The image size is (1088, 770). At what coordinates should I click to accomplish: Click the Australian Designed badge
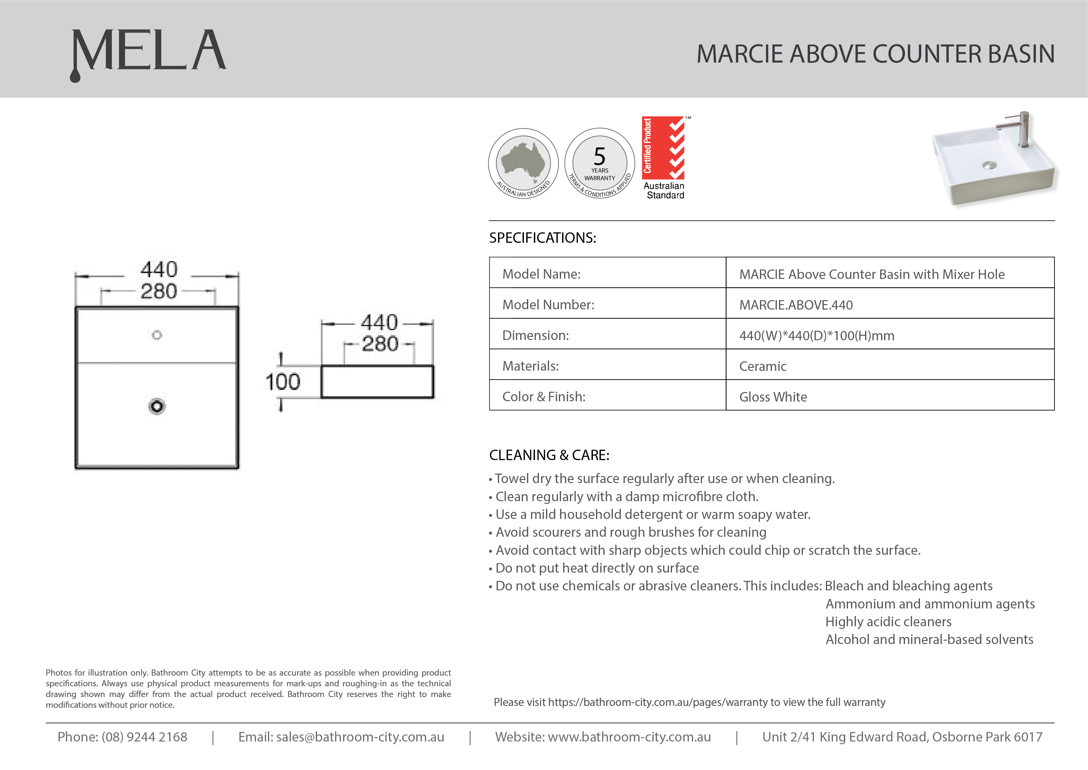(523, 164)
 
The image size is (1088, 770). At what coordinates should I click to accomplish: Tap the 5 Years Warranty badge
(600, 164)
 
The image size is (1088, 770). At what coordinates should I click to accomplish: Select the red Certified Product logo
(663, 148)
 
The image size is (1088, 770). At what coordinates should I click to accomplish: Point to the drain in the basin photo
(989, 165)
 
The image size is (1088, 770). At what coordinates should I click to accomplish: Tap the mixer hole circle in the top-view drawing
(157, 335)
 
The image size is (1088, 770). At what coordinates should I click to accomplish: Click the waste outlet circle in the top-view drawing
(157, 406)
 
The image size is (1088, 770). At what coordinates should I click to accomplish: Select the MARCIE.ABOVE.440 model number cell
(796, 305)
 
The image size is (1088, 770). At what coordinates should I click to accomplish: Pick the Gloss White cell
(773, 397)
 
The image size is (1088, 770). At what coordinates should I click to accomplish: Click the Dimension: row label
(535, 336)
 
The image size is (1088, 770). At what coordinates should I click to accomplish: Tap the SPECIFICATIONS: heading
(542, 238)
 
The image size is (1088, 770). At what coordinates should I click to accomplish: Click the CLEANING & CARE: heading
(549, 455)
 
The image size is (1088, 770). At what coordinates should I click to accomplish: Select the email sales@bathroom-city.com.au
(360, 737)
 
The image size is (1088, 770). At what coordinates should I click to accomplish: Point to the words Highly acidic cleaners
(888, 622)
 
